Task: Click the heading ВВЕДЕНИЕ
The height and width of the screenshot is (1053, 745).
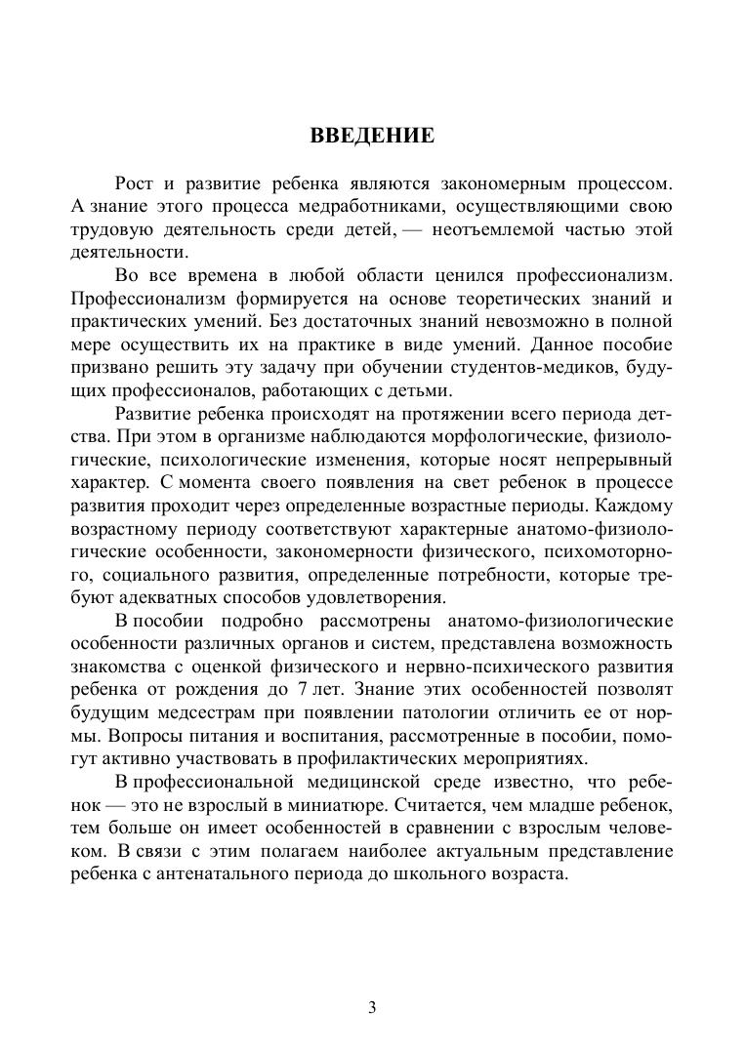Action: pyautogui.click(x=372, y=136)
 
